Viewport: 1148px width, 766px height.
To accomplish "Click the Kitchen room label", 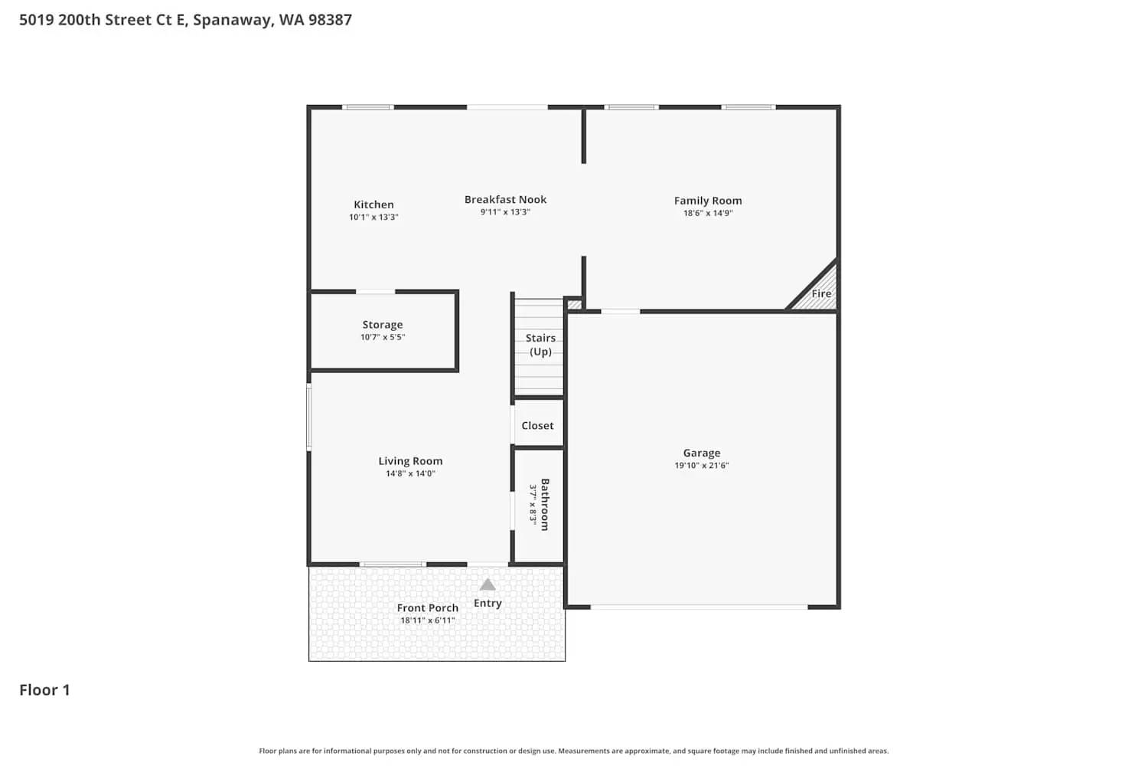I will [373, 205].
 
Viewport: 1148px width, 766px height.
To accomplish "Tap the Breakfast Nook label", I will [505, 199].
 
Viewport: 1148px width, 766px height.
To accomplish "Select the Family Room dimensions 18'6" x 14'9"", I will [708, 213].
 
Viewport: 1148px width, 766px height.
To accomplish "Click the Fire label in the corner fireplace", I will [821, 293].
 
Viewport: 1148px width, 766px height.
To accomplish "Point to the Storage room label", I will [383, 325].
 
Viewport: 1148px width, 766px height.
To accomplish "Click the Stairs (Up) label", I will [540, 345].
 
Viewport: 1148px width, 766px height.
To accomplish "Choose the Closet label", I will [537, 425].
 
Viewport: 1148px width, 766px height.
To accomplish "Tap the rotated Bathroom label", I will [545, 504].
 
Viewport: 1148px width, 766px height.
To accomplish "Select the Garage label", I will [702, 453].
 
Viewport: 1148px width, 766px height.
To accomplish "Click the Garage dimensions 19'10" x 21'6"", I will [702, 465].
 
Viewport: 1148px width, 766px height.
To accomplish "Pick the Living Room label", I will [410, 461].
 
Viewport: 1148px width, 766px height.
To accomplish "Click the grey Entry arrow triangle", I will [488, 585].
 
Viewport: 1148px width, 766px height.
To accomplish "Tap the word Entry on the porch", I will [488, 603].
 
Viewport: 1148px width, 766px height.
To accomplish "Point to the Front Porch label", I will [427, 607].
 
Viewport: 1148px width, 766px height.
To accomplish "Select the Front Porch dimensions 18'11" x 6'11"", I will [427, 620].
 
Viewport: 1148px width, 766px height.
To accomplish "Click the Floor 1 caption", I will [44, 689].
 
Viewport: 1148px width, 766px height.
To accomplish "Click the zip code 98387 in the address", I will [330, 20].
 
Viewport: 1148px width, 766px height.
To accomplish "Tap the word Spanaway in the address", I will [232, 20].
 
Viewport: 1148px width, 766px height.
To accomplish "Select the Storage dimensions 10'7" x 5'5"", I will [383, 337].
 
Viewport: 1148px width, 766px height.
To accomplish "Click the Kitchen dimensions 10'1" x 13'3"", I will [373, 218].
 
